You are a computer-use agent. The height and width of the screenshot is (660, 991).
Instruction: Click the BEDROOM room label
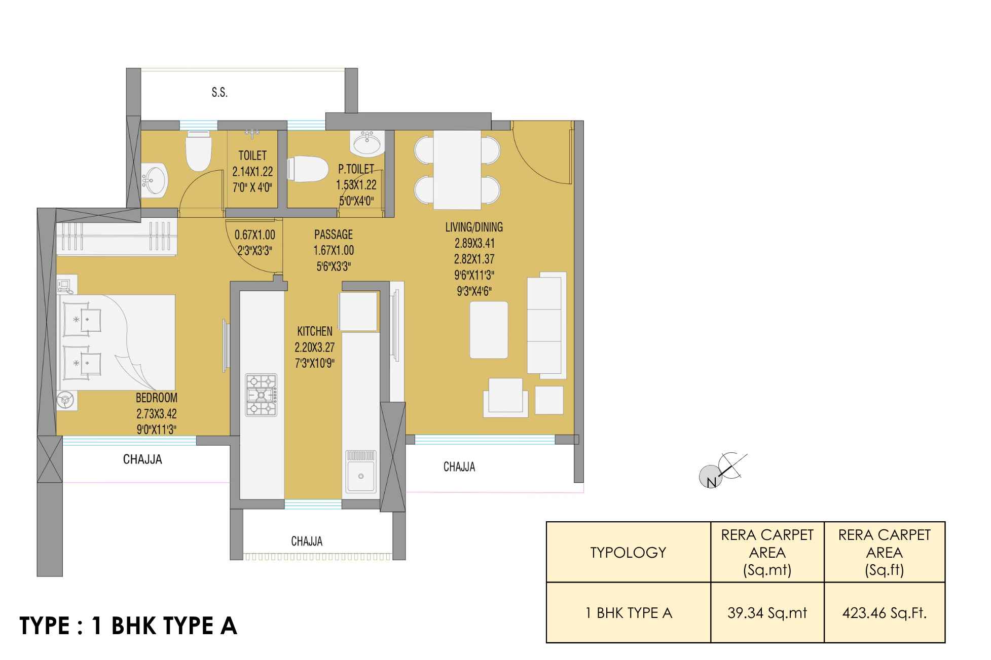click(157, 398)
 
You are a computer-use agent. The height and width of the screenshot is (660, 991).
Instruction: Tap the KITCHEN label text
click(315, 331)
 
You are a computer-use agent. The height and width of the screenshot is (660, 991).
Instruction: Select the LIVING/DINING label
click(474, 227)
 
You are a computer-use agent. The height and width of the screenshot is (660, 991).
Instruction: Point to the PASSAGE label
click(333, 235)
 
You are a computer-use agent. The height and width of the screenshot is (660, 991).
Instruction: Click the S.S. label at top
click(219, 93)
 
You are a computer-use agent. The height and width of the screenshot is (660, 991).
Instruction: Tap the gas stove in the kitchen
click(262, 395)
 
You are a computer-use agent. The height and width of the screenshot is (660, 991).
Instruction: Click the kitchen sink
click(361, 472)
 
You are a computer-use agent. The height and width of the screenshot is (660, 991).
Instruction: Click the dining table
click(457, 169)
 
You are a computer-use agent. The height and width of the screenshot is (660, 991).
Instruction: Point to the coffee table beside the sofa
click(489, 330)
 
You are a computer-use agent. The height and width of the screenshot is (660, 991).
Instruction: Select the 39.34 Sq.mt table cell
click(767, 613)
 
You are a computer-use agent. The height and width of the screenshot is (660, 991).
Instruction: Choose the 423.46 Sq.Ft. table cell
click(885, 613)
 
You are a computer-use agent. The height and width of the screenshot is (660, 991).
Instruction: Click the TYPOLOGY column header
click(629, 552)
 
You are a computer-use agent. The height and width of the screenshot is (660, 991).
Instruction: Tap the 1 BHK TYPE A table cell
click(629, 613)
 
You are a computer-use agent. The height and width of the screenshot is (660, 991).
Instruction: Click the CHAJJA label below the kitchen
click(307, 541)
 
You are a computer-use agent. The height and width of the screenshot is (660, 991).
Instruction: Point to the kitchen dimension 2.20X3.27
click(315, 347)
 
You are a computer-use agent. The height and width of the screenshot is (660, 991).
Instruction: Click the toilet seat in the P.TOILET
click(307, 169)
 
